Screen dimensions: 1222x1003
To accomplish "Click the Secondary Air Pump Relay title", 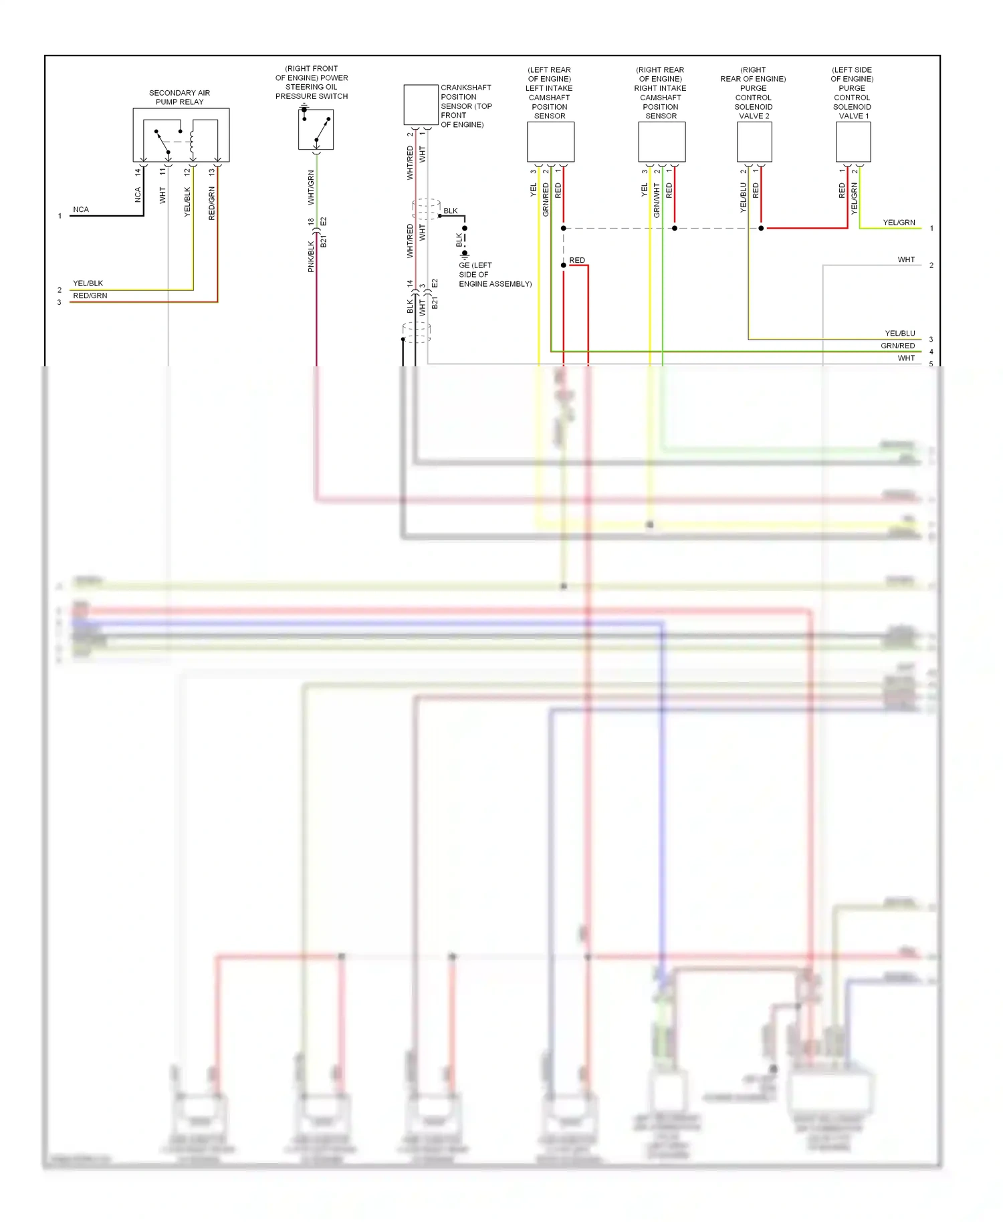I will coord(179,97).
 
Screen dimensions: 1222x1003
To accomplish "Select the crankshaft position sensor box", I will coord(421,105).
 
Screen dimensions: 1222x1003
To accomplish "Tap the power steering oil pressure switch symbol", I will coord(316,130).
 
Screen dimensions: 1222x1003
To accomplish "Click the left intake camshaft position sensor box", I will coord(550,142).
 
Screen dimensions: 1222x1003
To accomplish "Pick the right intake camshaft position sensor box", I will coord(661,142).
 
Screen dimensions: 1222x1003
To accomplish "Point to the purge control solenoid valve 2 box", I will coord(754,142).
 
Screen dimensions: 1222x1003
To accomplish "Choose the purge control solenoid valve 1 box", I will coord(853,142).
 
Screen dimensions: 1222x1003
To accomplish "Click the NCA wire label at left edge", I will coord(81,209).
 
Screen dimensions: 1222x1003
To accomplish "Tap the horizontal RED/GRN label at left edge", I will coord(90,295).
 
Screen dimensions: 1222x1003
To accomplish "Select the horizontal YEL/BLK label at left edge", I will coord(88,283).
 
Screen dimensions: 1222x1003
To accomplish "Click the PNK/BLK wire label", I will coord(311,257).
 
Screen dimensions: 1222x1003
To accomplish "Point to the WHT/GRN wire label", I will coord(311,187).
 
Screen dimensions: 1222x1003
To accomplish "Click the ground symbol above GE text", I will coord(465,255).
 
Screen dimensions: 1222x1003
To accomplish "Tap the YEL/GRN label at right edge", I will coord(899,223).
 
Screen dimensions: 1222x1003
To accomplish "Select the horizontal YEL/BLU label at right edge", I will coord(900,333).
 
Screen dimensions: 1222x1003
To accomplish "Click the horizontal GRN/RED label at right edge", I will coord(897,346).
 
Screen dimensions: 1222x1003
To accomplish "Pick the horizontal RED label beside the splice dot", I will coord(577,260).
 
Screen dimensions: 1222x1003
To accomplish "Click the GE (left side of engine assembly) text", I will coord(494,275).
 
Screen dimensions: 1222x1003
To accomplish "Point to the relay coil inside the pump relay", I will coord(193,141).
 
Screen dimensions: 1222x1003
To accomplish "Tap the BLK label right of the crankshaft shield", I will coord(451,211).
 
